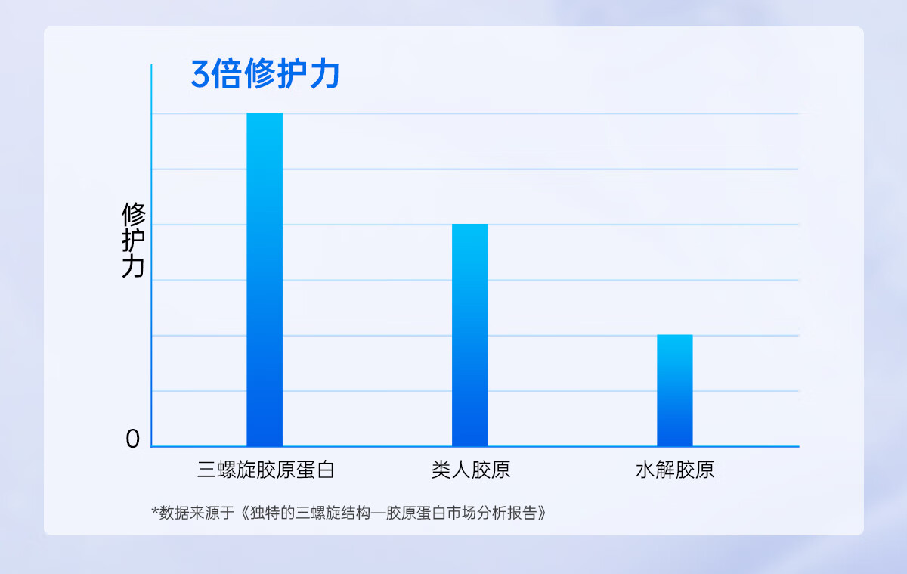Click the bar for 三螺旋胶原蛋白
[x=265, y=280]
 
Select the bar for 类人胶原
[x=469, y=335]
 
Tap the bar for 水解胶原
[x=674, y=390]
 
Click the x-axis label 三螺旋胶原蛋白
[x=265, y=470]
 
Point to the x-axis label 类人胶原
[x=470, y=470]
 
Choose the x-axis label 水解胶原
[x=674, y=470]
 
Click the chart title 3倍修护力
[x=265, y=73]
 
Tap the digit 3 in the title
[x=200, y=74]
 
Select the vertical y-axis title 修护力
[x=133, y=240]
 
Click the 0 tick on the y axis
[x=133, y=439]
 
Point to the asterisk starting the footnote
[x=155, y=510]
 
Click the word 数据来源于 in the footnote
[x=197, y=513]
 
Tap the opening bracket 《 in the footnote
[x=244, y=513]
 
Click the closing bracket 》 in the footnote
[x=542, y=513]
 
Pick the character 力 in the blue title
[x=325, y=73]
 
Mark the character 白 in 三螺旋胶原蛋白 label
[x=325, y=470]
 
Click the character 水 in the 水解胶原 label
[x=645, y=470]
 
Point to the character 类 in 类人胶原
[x=441, y=470]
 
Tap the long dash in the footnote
[x=378, y=513]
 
